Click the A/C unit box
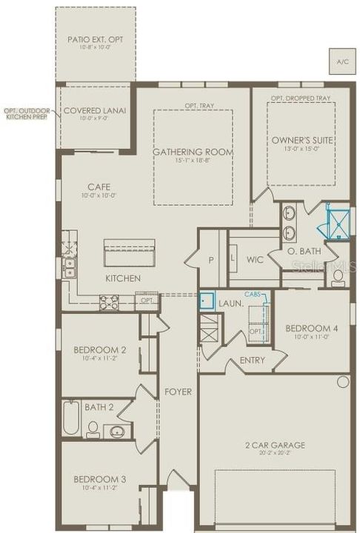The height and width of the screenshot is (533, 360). (x=341, y=61)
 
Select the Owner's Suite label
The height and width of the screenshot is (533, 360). (x=302, y=140)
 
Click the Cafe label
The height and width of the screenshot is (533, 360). (x=99, y=187)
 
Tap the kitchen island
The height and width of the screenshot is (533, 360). (x=129, y=252)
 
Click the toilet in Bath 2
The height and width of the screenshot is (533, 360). (x=93, y=429)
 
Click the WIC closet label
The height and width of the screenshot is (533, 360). (x=255, y=259)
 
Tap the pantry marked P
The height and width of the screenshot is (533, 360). (x=211, y=260)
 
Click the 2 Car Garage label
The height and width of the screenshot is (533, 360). (x=276, y=446)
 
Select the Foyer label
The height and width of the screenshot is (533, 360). (x=179, y=391)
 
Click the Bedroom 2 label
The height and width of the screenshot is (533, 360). (x=99, y=349)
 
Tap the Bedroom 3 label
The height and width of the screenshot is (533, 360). (x=99, y=480)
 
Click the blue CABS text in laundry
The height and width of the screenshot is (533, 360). (x=253, y=294)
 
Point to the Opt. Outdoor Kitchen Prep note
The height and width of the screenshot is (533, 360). (x=27, y=113)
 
